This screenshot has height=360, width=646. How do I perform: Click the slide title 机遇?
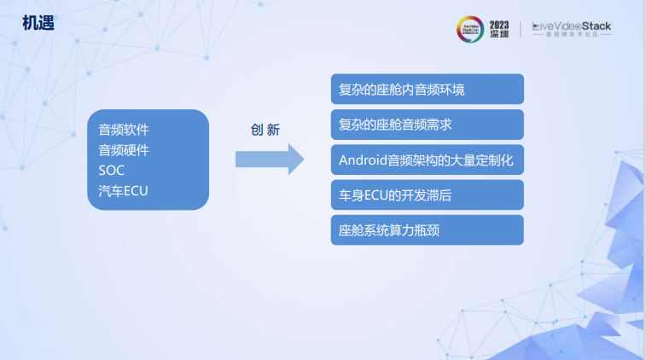pos(38,23)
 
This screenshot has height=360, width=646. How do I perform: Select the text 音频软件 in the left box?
pos(124,131)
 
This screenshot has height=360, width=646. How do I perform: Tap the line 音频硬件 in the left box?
pos(124,150)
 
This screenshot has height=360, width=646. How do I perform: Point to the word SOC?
pos(112,171)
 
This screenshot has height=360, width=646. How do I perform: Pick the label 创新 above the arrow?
pos(265,130)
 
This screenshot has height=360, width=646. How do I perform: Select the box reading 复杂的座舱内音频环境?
pos(427,90)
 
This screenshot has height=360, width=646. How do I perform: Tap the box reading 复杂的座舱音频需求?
pos(427,125)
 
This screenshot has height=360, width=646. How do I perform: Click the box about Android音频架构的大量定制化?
pos(427,160)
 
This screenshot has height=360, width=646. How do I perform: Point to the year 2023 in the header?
pos(499,23)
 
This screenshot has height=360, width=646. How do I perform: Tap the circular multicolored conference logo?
pos(470,29)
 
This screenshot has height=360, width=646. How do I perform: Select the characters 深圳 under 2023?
pos(499,35)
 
